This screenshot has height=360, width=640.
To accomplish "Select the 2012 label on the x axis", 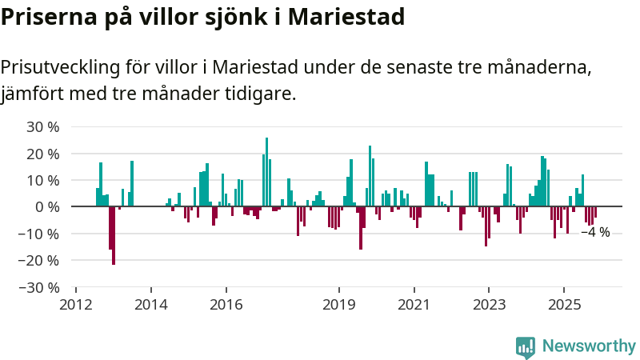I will (76, 305).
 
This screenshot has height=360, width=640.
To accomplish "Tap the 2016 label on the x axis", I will (226, 305).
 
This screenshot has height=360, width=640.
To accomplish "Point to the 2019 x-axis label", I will (339, 305).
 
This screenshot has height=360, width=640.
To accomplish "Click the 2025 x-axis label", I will (564, 305).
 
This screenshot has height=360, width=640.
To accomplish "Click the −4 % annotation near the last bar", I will (596, 232).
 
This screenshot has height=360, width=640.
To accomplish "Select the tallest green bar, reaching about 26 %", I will (266, 172).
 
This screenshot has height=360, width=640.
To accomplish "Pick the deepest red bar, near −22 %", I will (114, 235).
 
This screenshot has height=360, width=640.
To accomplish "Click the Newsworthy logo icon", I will (526, 346).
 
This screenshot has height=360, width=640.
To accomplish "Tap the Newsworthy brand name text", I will (589, 346).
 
